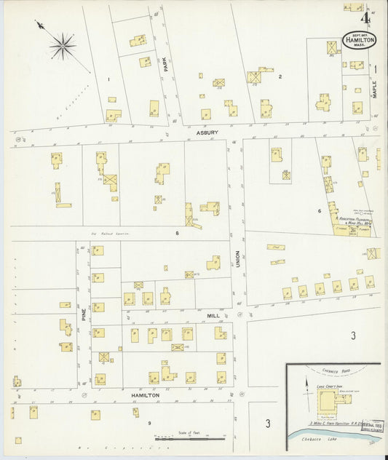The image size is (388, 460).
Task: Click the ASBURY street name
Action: point(207,133)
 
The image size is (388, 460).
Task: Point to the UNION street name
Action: point(237,260)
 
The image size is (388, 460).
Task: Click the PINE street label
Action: point(84,314)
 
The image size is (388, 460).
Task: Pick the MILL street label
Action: point(213,316)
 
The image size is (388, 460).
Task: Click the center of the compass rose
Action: point(63,46)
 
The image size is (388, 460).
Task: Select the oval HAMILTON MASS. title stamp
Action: point(359,39)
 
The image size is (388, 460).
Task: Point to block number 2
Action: point(280,76)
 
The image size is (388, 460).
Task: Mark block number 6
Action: point(319,211)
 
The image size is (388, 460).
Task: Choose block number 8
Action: point(176,233)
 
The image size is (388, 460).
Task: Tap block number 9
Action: point(149,423)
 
